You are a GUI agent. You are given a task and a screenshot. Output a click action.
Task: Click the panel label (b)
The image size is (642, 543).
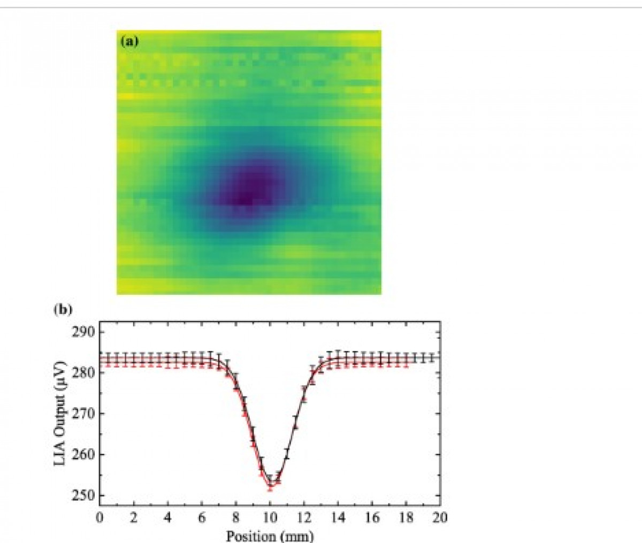tap(63, 310)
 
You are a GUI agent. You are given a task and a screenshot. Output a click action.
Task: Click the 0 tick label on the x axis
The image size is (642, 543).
tap(99, 517)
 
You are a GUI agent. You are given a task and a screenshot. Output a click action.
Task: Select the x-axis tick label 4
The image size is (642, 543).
tap(167, 517)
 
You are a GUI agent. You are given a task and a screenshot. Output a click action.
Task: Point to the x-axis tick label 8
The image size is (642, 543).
tap(236, 517)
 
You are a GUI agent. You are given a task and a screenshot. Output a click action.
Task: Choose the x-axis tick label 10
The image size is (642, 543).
tap(270, 517)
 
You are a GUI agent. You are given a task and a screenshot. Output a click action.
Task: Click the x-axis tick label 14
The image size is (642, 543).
tap(338, 517)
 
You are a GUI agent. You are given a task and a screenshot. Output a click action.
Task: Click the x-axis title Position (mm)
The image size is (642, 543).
tap(270, 535)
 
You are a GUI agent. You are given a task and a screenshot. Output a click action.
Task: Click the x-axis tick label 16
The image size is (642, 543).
tap(372, 517)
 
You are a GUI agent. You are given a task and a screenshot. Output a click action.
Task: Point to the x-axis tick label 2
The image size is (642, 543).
tap(133, 517)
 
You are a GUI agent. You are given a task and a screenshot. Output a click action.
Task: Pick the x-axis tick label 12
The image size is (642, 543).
tap(304, 517)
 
